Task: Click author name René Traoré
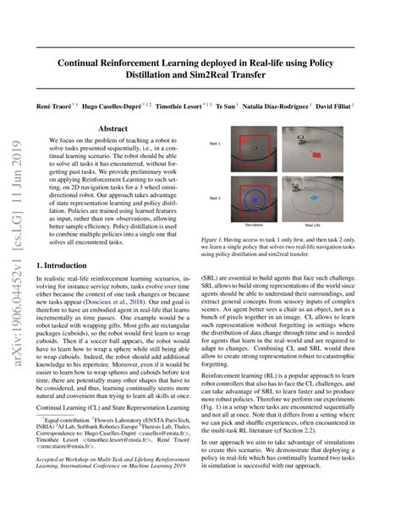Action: tap(76, 106)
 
